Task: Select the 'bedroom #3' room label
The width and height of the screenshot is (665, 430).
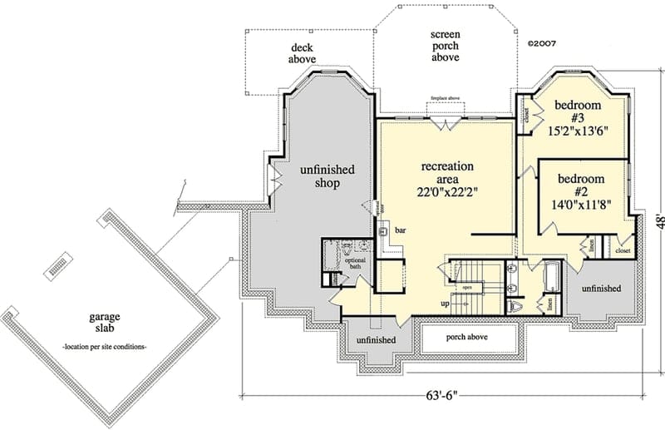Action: [579, 112]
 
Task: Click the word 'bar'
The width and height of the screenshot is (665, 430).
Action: [399, 229]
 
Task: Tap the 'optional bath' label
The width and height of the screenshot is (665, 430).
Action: [355, 264]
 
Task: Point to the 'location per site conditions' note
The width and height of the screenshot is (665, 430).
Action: [105, 345]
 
